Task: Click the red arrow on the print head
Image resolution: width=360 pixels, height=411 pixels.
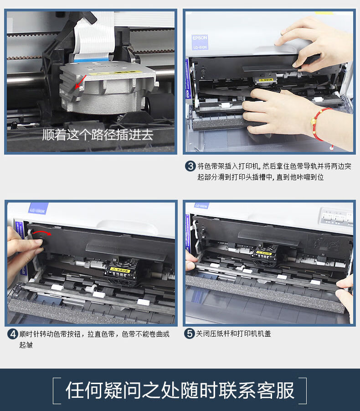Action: click(x=80, y=82)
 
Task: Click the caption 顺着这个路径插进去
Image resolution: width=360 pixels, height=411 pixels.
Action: click(x=98, y=135)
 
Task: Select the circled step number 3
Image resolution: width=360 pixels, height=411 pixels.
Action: click(x=190, y=166)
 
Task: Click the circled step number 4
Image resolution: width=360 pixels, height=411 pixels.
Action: click(x=13, y=334)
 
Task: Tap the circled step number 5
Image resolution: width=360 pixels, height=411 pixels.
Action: click(x=190, y=334)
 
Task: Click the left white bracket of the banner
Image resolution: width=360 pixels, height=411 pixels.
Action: click(x=56, y=390)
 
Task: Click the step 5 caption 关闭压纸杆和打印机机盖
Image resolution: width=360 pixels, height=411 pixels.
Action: click(x=233, y=334)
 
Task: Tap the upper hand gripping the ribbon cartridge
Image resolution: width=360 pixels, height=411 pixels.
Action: click(x=314, y=43)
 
